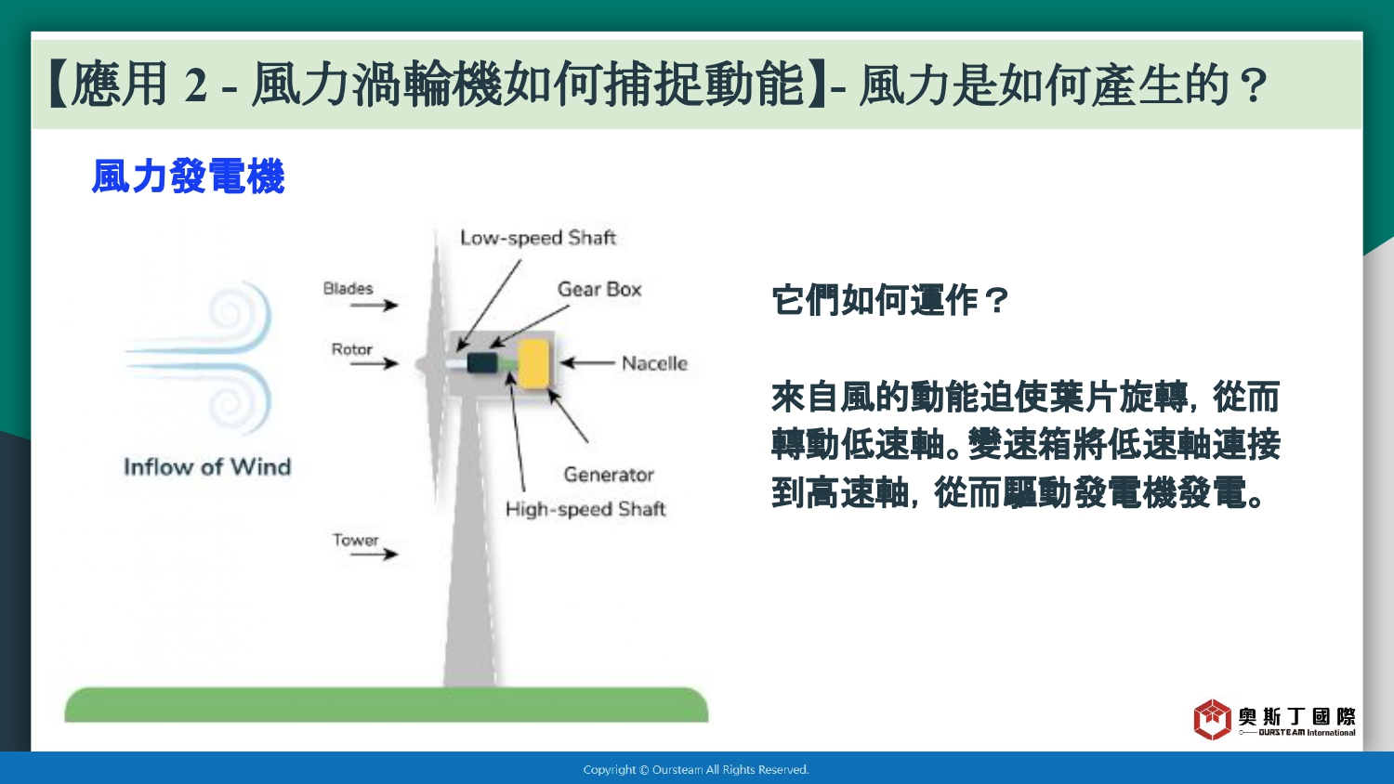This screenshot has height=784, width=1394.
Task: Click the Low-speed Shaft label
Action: point(538,238)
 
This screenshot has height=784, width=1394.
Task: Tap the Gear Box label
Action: point(598,289)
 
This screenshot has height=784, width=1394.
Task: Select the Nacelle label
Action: point(654,363)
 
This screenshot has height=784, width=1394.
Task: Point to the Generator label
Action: point(609,475)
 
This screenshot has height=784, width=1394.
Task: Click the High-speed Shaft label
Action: point(585,509)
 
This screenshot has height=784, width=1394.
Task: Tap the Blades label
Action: point(348,289)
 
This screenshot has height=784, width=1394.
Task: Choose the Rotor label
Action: point(351,349)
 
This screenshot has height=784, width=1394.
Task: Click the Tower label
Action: point(355,540)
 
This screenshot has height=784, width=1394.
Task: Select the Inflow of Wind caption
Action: point(207,466)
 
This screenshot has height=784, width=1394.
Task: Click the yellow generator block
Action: point(534,364)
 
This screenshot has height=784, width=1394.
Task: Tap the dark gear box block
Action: point(482,363)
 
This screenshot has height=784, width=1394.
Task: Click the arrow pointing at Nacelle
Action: point(587,363)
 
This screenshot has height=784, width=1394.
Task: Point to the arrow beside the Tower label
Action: point(374,553)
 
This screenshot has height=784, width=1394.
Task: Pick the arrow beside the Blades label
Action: point(374,305)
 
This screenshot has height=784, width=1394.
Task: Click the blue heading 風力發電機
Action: point(188,176)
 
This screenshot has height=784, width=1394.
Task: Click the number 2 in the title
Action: point(195,86)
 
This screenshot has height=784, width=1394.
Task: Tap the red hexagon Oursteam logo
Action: point(1212,719)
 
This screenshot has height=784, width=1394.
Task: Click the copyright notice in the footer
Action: point(696,770)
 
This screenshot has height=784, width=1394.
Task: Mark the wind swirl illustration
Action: point(199,358)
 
